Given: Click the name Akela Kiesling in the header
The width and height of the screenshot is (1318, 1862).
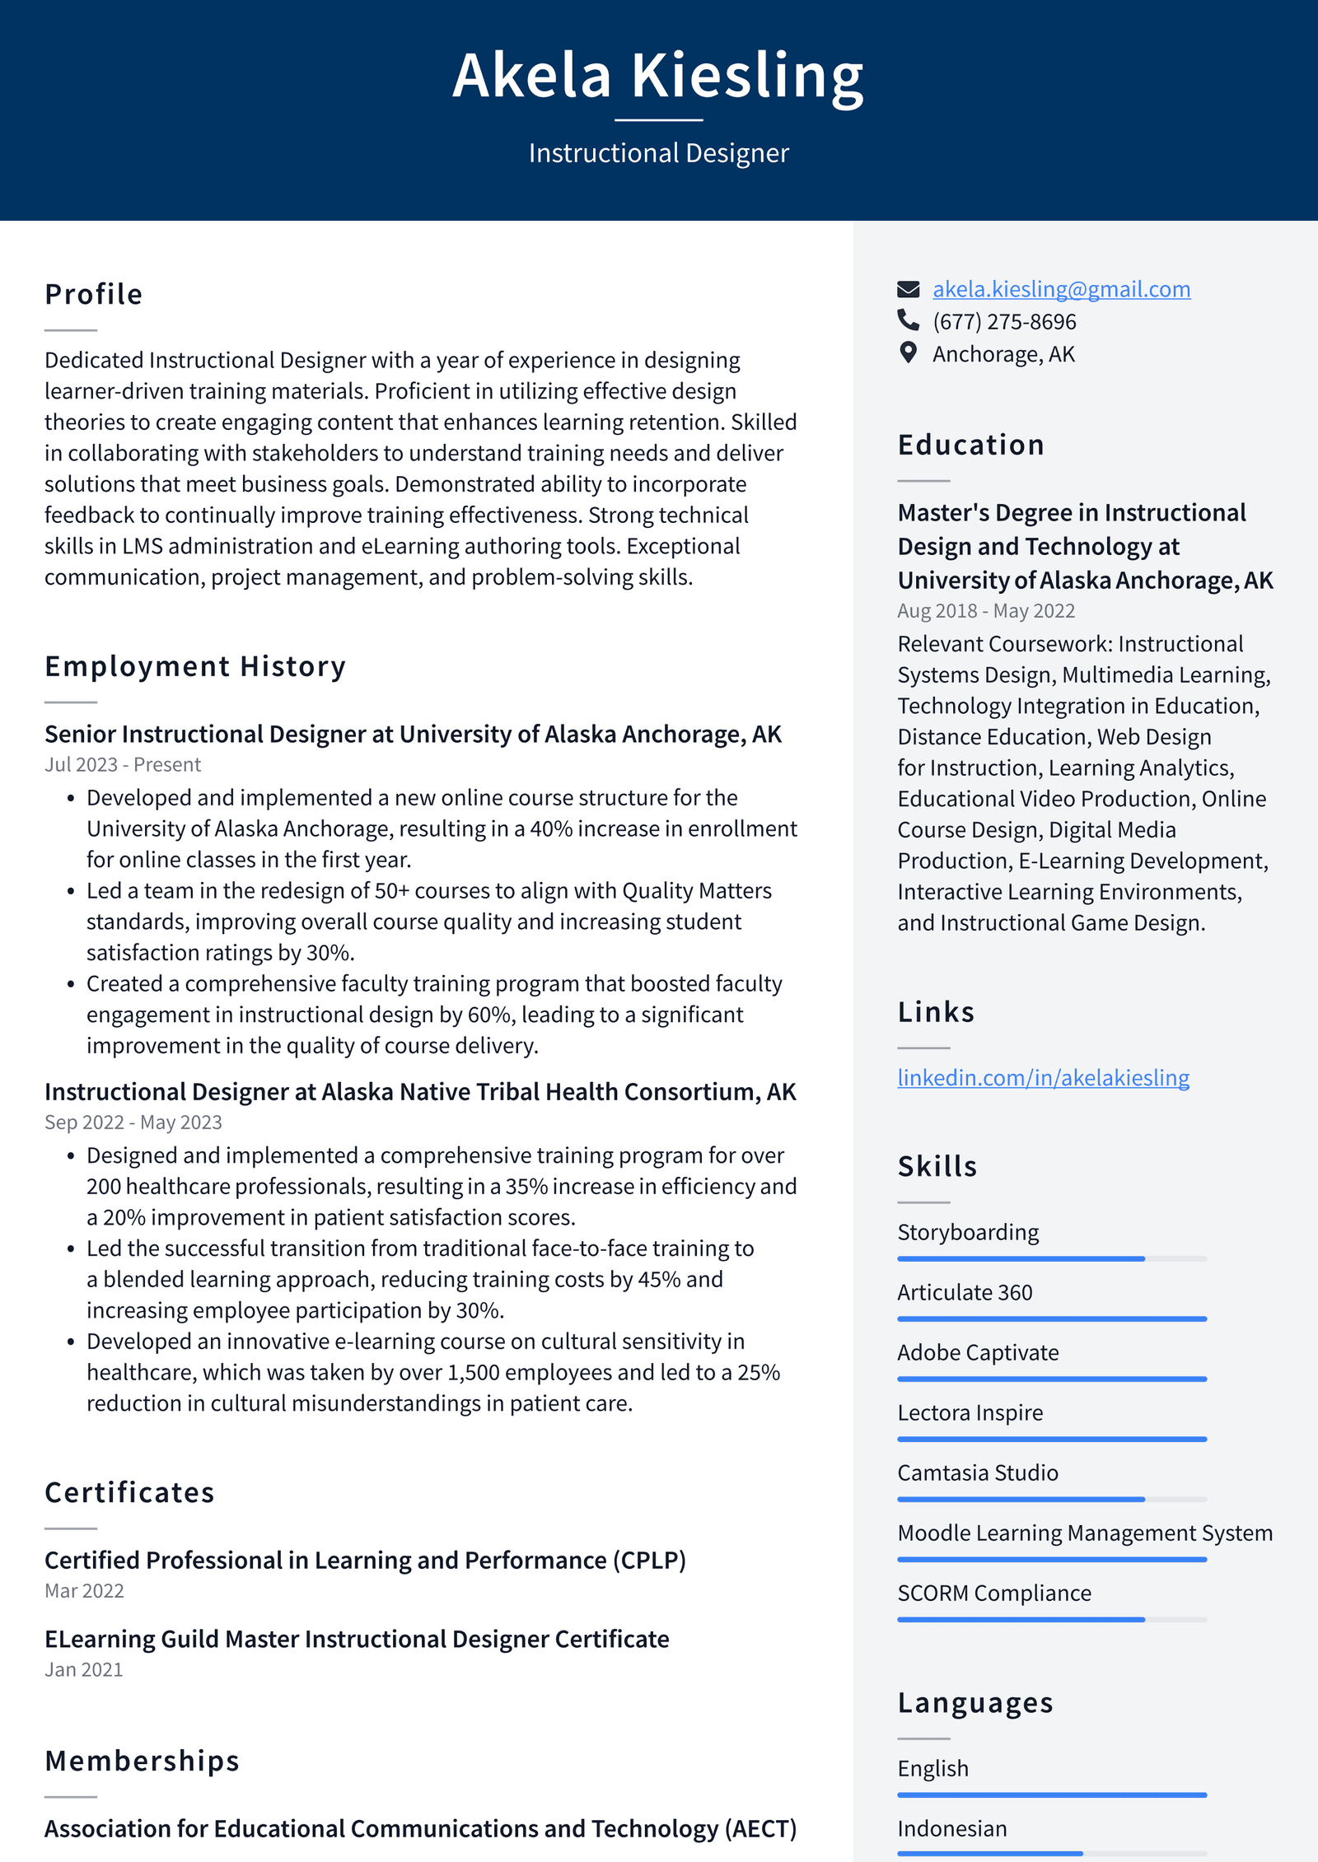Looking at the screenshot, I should tap(658, 76).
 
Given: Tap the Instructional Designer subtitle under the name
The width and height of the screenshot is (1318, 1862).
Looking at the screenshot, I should tap(658, 153).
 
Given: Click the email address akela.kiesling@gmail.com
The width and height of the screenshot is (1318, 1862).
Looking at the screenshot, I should tap(1061, 289).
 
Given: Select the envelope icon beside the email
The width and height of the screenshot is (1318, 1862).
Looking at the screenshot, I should tap(908, 289).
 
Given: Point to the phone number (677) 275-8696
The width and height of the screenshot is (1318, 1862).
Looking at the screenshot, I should tap(1003, 322).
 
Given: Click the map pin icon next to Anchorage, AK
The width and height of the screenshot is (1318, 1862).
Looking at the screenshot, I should tap(908, 353).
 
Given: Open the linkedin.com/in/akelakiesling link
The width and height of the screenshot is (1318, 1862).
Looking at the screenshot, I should tap(1043, 1078).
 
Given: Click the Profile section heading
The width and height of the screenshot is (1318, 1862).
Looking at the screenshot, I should tap(94, 295).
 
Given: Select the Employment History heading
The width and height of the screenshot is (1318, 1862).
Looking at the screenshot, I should tap(195, 666).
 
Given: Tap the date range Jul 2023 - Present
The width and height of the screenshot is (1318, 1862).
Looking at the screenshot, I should tap(123, 765).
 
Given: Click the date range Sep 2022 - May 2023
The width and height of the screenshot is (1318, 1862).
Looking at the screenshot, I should tap(133, 1122).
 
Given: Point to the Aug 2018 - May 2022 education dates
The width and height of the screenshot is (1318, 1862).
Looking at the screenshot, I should tap(986, 611).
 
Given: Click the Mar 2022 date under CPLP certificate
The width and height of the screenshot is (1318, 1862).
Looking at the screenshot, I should tap(84, 1591).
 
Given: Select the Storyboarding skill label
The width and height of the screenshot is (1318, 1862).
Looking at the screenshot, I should tap(968, 1233).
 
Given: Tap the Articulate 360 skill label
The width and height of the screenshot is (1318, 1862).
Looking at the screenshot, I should tap(965, 1293).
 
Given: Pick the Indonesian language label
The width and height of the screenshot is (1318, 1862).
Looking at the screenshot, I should tap(952, 1829).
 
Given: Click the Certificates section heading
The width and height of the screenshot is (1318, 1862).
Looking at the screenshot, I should tap(129, 1493).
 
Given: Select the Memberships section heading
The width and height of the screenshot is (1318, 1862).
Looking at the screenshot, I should tap(142, 1762).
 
